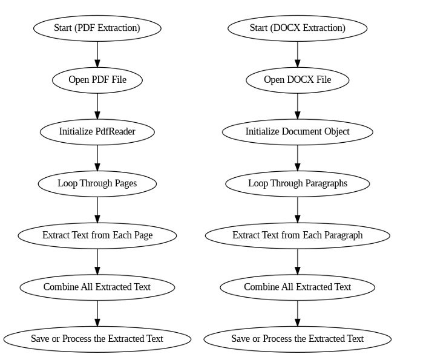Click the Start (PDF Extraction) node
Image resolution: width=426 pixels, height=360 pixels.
click(x=97, y=28)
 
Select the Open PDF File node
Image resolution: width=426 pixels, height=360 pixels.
click(x=97, y=80)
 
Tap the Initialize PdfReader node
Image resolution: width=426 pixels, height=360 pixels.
click(x=97, y=131)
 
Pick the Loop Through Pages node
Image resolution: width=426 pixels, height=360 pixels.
click(x=97, y=183)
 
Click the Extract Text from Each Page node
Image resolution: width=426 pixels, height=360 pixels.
click(x=97, y=235)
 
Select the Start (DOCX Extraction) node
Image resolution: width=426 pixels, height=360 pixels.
click(x=297, y=28)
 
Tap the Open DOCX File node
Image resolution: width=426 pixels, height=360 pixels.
click(x=297, y=80)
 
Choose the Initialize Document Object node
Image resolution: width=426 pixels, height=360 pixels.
click(x=297, y=131)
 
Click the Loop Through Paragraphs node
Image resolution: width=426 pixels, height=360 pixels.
click(x=297, y=183)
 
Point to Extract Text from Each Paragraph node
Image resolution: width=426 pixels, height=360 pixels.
click(x=297, y=235)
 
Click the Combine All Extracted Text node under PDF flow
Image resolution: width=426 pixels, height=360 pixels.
click(x=97, y=287)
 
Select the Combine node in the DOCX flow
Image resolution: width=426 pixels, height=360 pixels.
click(x=297, y=287)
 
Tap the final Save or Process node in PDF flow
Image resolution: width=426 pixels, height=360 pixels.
click(x=97, y=338)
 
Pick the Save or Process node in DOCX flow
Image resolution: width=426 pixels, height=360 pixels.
click(x=297, y=338)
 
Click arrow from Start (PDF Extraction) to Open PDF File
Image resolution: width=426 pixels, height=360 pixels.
click(x=97, y=54)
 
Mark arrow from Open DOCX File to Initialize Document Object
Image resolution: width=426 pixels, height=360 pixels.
click(x=297, y=106)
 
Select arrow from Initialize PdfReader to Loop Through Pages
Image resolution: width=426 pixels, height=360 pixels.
click(x=97, y=157)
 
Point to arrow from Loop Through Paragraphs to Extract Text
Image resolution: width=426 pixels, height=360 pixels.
click(x=297, y=209)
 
